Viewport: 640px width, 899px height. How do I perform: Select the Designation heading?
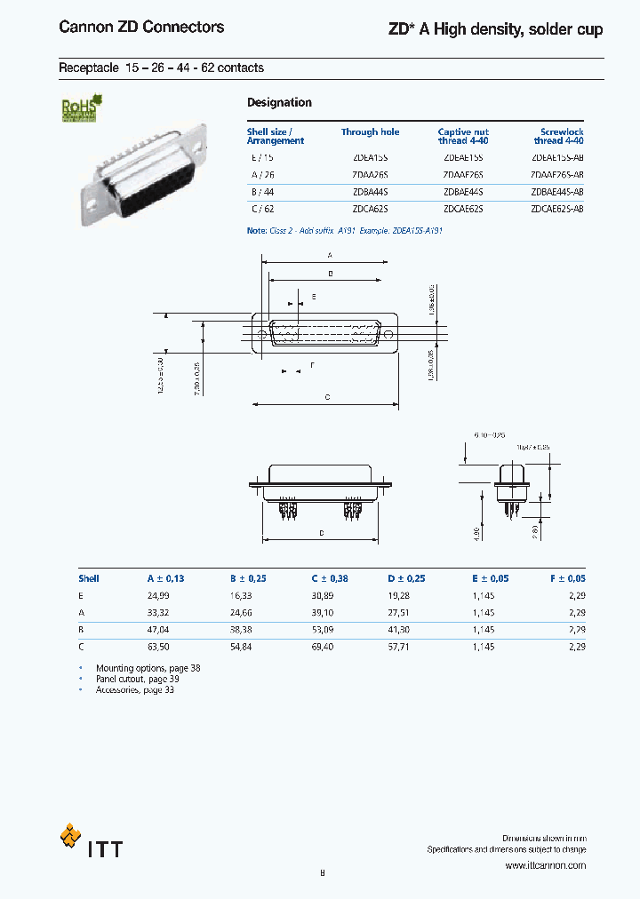(279, 103)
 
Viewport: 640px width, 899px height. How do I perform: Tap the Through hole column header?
(370, 132)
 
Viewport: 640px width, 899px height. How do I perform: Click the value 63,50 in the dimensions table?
(158, 646)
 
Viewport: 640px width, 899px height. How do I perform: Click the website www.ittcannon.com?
(545, 865)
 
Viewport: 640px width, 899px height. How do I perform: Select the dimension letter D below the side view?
(322, 533)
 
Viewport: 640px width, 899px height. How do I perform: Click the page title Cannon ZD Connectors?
(141, 28)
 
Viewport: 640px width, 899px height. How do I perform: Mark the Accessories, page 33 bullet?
(134, 690)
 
